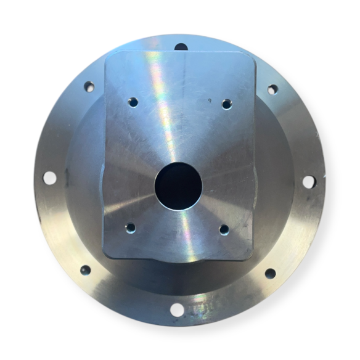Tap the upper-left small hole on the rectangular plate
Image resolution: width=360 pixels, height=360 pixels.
click(132, 102)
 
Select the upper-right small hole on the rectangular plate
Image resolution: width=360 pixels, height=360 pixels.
click(226, 104)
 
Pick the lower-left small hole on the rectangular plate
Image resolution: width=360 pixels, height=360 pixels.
click(130, 227)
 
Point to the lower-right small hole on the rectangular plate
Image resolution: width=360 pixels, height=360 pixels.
click(224, 229)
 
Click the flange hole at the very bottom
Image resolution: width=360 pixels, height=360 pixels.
click(177, 309)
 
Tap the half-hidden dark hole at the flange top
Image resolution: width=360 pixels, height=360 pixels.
click(181, 47)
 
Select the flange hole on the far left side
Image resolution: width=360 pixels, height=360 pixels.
click(50, 178)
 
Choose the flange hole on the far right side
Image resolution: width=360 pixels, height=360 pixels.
click(309, 181)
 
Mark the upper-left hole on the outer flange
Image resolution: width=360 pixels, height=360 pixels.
click(89, 87)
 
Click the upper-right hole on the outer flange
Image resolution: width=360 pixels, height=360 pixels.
click(272, 89)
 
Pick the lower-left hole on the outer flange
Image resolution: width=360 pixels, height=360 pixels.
click(85, 270)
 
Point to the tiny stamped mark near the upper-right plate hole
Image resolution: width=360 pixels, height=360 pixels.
click(210, 99)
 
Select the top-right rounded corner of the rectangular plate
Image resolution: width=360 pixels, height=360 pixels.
click(250, 59)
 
